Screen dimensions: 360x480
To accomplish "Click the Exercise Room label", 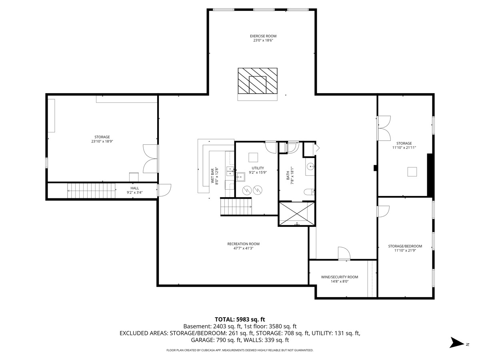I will [263, 36].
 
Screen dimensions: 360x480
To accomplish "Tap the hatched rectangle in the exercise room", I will [258, 80].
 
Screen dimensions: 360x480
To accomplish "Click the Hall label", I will [134, 188].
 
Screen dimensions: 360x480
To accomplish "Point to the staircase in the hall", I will [91, 191].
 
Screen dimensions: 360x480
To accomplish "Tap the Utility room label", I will [258, 168].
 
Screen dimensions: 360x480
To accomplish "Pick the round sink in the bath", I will [310, 166].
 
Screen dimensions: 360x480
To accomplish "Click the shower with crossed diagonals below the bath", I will [297, 214].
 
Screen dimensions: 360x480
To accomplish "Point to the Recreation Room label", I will [243, 244].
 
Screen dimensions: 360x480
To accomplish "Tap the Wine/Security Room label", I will [339, 277].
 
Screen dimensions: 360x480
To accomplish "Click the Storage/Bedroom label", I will [405, 246].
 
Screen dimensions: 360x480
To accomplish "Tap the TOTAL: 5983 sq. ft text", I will [240, 319].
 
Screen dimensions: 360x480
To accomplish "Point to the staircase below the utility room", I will [236, 207].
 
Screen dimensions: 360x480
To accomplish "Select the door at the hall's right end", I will [164, 190].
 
